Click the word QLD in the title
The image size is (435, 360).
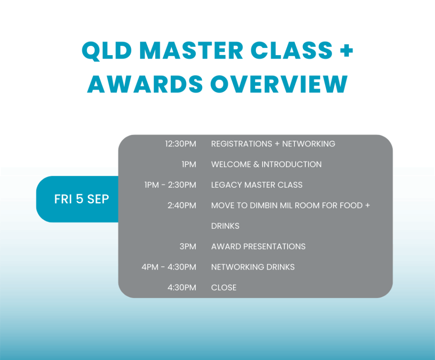107,51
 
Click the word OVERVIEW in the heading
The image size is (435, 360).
279,84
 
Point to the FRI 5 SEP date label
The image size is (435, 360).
82,199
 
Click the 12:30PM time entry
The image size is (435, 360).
181,143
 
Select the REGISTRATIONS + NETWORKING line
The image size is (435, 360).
273,143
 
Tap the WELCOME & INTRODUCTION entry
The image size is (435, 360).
266,164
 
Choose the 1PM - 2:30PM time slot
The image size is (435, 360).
170,185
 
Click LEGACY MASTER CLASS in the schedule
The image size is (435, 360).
257,185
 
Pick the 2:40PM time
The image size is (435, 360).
182,205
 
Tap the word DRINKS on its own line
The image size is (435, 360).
225,226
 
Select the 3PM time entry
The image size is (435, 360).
188,246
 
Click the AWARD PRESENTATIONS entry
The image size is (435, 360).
258,246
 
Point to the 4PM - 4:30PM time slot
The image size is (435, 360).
169,267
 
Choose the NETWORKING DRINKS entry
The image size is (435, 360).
253,267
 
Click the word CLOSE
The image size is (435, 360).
224,287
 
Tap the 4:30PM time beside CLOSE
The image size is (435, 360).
182,287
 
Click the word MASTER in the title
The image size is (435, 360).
191,51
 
